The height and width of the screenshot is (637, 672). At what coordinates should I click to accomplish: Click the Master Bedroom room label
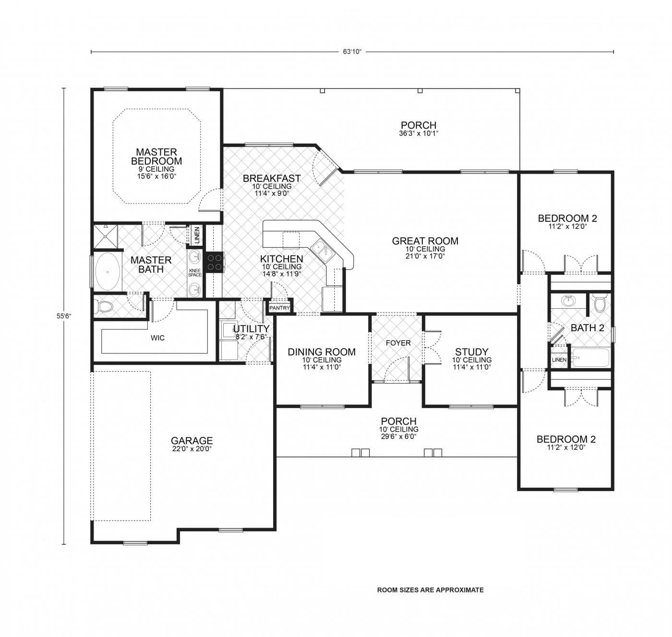(156, 156)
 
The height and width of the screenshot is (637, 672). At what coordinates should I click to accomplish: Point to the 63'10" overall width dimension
(352, 51)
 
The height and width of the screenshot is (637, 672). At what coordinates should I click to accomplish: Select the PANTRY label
(279, 308)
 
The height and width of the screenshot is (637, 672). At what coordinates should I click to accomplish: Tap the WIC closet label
(157, 338)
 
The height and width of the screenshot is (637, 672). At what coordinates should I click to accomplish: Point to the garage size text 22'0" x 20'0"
(192, 449)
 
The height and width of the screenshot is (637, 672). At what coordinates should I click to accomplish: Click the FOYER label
(398, 343)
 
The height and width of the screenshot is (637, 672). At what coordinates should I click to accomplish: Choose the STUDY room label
(471, 352)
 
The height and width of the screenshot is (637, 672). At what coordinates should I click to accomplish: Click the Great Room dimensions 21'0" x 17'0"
(425, 256)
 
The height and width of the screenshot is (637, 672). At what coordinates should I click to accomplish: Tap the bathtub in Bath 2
(590, 358)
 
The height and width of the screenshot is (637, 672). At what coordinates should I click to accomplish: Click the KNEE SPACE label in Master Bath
(195, 273)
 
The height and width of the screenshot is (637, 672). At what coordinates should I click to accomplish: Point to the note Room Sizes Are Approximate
(430, 590)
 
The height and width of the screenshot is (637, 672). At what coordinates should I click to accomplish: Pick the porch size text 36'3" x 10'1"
(419, 133)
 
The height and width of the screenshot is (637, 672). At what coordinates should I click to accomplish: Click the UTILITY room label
(251, 329)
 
